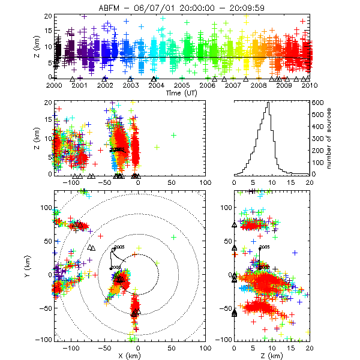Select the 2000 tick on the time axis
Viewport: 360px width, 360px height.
click(x=54, y=85)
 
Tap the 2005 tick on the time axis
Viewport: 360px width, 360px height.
click(x=182, y=85)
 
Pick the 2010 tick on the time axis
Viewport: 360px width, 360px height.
click(x=310, y=85)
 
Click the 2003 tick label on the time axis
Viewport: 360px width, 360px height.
click(x=131, y=85)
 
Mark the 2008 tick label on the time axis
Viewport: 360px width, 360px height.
click(x=259, y=85)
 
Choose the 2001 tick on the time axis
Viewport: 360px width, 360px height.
click(x=80, y=85)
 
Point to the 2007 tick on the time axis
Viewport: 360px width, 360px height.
click(x=233, y=85)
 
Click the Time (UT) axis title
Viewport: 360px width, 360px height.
click(x=182, y=93)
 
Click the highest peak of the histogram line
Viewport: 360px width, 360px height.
click(x=268, y=103)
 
